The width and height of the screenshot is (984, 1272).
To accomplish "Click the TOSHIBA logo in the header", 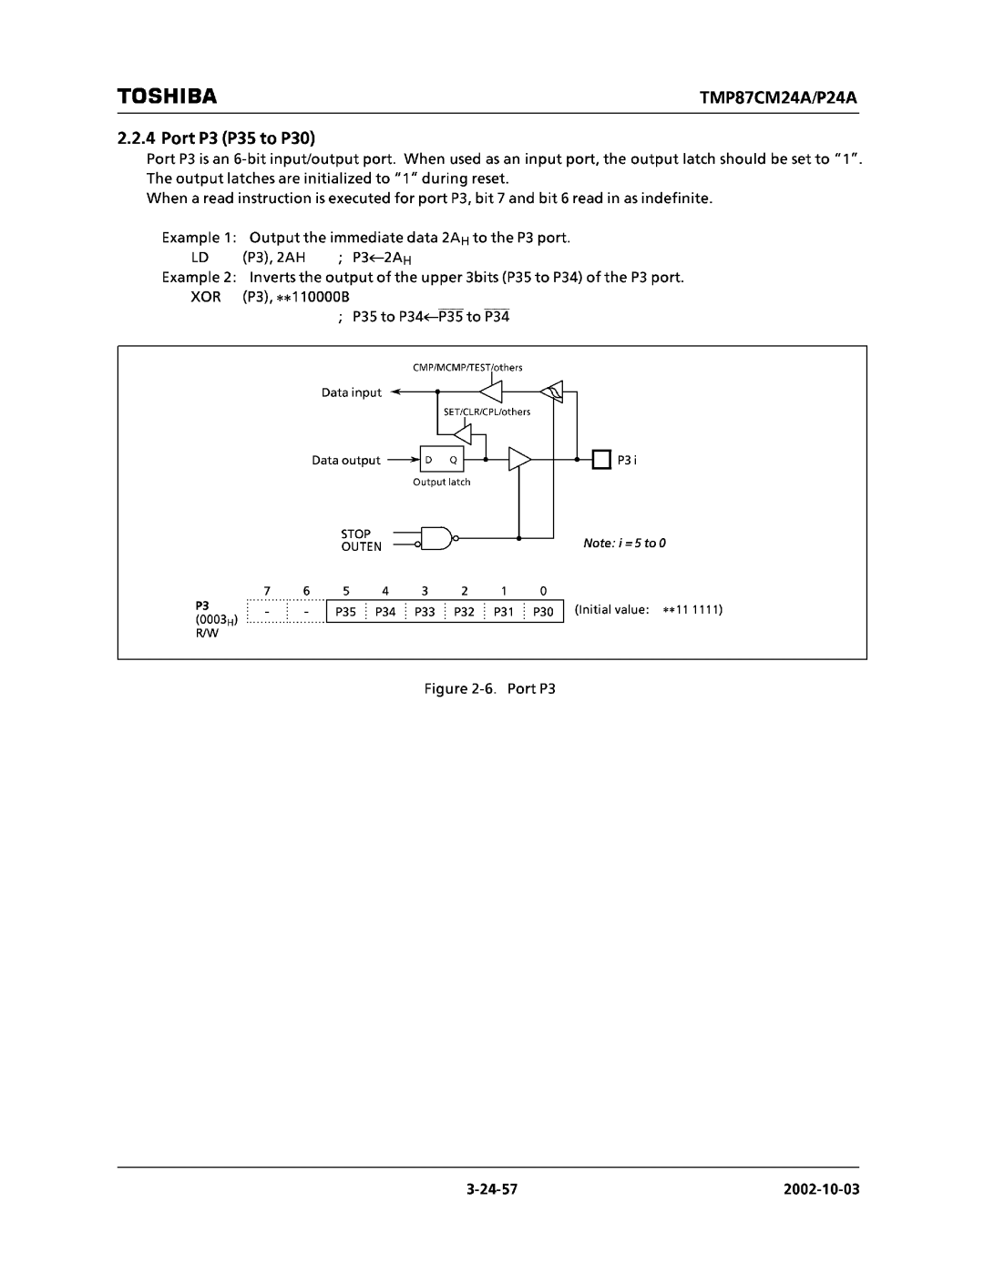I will (166, 96).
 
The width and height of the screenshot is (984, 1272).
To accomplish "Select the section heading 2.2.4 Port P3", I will (216, 138).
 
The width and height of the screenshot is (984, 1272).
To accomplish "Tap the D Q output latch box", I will (441, 461).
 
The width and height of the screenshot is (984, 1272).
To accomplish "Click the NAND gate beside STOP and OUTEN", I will (438, 540).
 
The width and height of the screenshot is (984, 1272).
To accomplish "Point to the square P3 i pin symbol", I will (601, 460).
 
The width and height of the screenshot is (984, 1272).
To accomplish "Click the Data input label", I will (352, 393).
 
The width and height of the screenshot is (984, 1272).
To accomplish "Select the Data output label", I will (346, 461).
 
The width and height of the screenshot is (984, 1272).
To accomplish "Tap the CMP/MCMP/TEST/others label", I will (468, 367).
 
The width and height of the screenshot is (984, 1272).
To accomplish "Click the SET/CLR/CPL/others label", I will (486, 412).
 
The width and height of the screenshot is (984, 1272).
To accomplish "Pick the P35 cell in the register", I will (345, 612).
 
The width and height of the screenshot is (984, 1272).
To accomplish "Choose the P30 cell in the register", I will (544, 612).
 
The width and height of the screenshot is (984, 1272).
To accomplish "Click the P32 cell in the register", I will (465, 612).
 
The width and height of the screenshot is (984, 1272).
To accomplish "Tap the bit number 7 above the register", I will (267, 591).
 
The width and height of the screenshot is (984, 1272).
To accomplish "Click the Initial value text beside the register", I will (648, 609).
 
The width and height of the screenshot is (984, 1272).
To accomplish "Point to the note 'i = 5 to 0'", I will (625, 544).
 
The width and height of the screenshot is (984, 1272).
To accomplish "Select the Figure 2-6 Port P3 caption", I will (491, 689).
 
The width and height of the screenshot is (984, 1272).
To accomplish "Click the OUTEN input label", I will (361, 547).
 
